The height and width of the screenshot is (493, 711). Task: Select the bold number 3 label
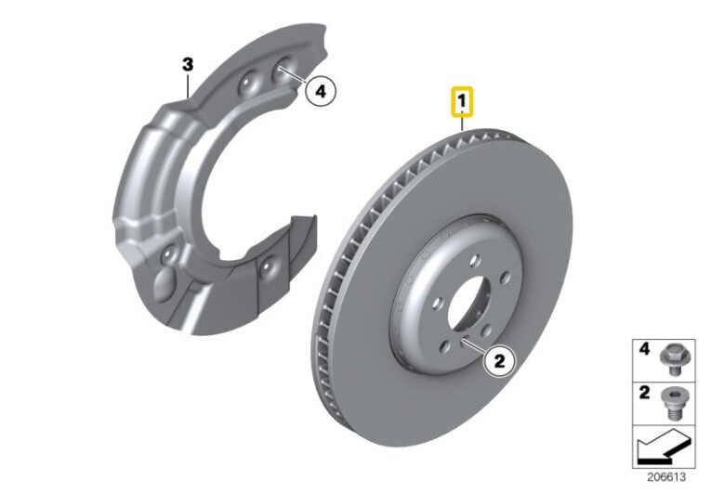[x=187, y=64]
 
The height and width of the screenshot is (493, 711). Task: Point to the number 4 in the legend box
[x=643, y=350]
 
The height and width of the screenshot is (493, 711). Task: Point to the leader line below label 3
[x=188, y=85]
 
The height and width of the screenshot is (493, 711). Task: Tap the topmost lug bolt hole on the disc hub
[x=474, y=263]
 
